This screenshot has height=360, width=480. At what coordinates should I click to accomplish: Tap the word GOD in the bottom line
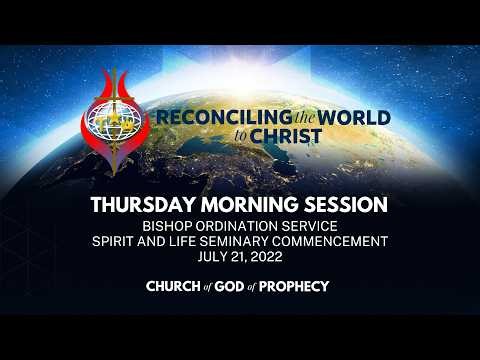pos(235,287)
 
